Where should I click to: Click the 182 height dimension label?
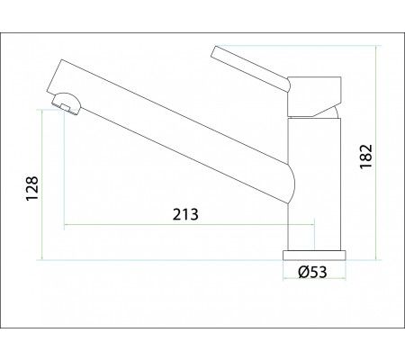click(x=366, y=157)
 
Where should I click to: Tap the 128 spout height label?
click(x=32, y=188)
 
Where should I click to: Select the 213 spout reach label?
click(x=185, y=214)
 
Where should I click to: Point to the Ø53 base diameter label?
click(x=312, y=272)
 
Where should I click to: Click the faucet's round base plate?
click(x=314, y=255)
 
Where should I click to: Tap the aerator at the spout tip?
click(x=67, y=103)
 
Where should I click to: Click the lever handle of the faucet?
click(x=251, y=68)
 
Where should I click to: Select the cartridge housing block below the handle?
click(x=314, y=96)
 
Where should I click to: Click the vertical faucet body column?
click(x=314, y=184)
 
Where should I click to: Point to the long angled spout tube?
click(x=168, y=132)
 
